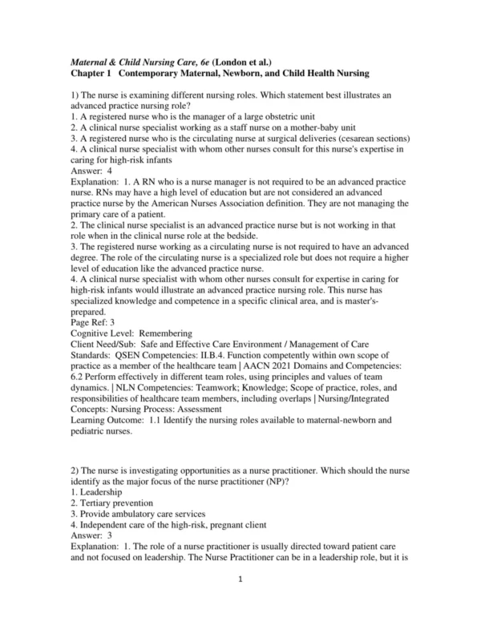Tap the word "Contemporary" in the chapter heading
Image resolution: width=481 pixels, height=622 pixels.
(x=156, y=73)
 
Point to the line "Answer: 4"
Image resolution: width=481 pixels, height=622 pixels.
(x=91, y=171)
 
